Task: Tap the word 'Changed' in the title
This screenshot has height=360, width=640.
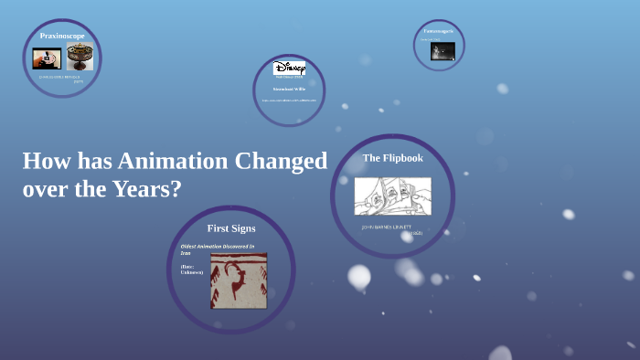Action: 281,162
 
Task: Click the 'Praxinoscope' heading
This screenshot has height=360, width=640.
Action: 62,36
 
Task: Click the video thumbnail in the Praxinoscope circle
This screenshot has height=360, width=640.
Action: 47,58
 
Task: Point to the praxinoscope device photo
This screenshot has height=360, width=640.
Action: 80,58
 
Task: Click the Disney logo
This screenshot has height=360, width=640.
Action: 289,69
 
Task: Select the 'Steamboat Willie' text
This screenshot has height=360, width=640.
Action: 289,89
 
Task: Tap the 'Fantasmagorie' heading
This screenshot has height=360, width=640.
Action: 438,31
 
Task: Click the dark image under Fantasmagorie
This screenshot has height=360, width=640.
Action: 443,50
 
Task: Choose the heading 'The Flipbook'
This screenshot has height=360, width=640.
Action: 392,157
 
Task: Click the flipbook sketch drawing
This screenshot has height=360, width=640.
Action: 392,196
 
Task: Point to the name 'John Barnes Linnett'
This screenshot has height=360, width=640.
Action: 387,227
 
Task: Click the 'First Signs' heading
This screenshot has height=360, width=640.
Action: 231,228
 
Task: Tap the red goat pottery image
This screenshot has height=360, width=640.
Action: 239,281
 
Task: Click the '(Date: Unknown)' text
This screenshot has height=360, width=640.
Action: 192,269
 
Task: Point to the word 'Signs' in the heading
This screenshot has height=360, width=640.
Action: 244,228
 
